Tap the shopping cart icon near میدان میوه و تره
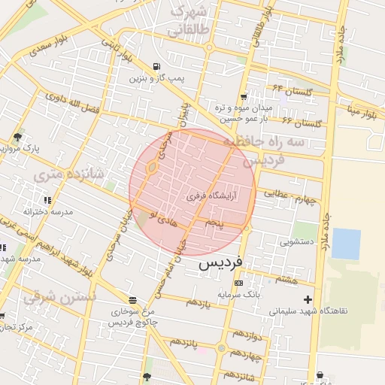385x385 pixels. point(244,97)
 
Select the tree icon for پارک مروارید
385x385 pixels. point(17,137)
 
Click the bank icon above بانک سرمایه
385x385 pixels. point(239,283)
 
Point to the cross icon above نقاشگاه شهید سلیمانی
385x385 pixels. point(308,300)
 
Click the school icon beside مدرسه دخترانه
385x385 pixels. point(47,200)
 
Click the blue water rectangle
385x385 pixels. point(346,244)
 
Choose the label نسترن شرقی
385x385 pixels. point(50,297)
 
